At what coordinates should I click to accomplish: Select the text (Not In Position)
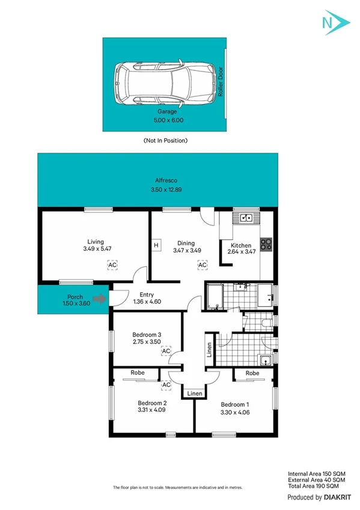click(166, 140)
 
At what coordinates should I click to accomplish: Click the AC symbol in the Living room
click(112, 265)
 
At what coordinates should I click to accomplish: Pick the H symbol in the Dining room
click(156, 245)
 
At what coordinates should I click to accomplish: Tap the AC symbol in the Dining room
click(203, 265)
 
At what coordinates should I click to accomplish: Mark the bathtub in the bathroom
click(215, 296)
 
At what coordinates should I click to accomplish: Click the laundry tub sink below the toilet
click(265, 360)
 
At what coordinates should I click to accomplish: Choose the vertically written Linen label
click(209, 350)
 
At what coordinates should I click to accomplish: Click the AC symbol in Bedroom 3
click(166, 351)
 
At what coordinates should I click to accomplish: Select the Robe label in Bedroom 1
click(252, 373)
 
